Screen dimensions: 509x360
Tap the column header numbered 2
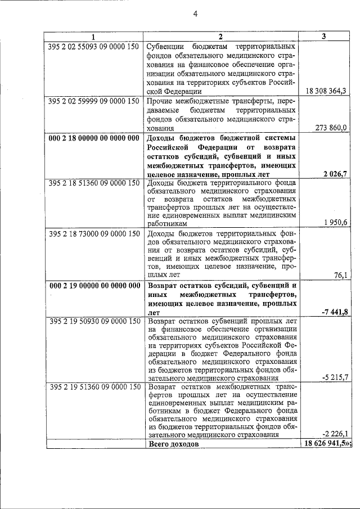(221, 37)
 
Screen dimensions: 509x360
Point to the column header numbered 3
(324, 37)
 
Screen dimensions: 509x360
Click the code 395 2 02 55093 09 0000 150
(94, 47)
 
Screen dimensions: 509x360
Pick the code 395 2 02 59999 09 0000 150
(94, 101)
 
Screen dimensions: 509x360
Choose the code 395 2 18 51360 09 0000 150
(94, 183)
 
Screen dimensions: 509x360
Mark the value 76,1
(341, 275)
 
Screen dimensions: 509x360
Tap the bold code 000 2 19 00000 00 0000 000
(94, 285)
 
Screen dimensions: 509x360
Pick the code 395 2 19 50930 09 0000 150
(94, 322)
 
